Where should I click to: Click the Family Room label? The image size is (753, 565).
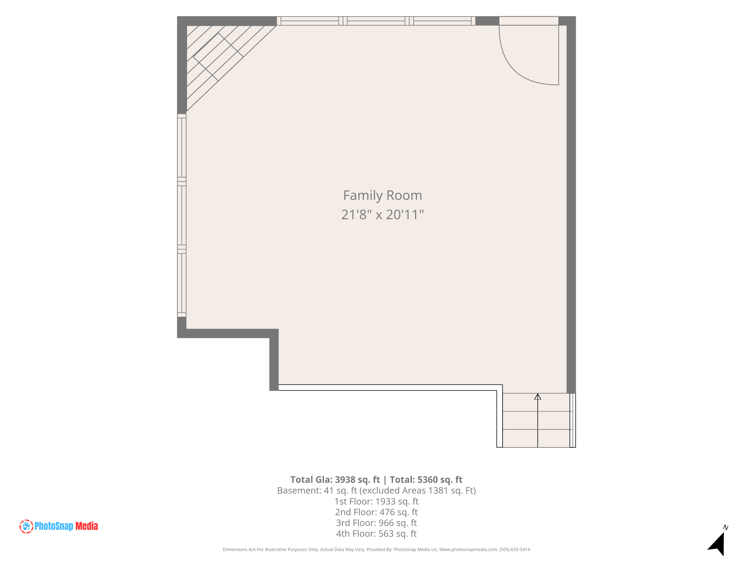(x=383, y=195)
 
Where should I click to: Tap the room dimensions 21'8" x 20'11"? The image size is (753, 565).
(x=383, y=214)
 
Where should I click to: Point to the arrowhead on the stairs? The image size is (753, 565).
(x=538, y=397)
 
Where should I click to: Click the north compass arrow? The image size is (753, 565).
(x=718, y=544)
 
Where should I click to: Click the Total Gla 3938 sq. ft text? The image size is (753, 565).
(x=335, y=480)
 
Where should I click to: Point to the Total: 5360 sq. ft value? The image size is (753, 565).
(x=426, y=480)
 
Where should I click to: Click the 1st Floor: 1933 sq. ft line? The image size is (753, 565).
(x=376, y=501)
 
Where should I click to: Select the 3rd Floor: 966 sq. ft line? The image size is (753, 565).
(x=376, y=523)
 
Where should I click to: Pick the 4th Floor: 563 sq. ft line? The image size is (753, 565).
(x=376, y=533)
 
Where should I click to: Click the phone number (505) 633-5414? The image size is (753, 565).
(x=515, y=549)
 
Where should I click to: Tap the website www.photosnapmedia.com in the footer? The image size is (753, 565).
(x=468, y=549)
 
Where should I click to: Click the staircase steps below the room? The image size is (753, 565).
(x=538, y=420)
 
